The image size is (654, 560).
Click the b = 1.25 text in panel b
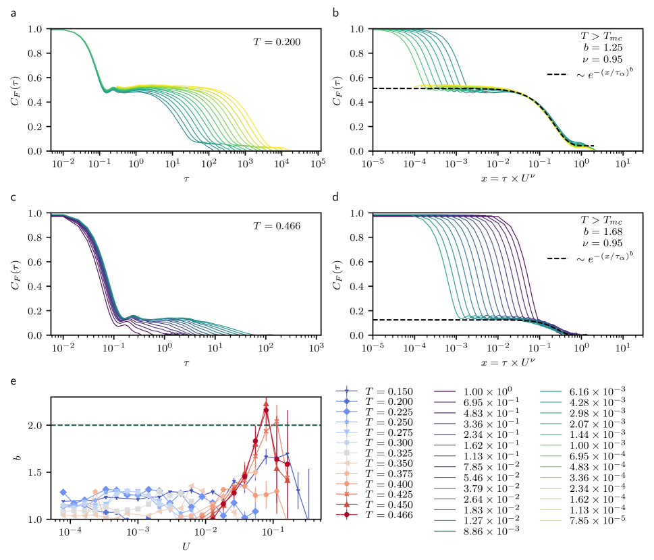(604, 48)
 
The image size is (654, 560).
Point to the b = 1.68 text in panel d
(604, 232)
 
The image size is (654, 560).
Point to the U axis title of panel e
(186, 545)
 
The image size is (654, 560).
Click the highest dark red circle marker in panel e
(266, 410)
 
